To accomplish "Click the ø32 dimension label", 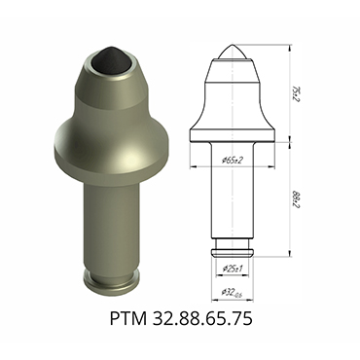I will click(235, 291).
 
